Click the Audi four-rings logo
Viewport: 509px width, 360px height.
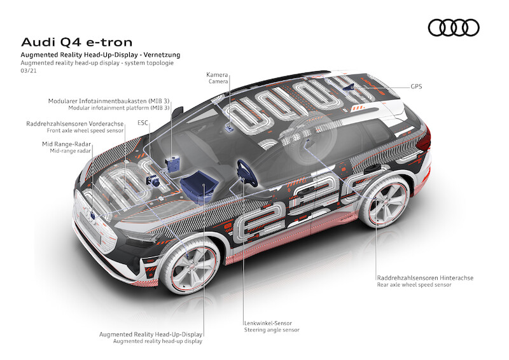tap(453, 27)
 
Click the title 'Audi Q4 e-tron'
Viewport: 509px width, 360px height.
tap(77, 43)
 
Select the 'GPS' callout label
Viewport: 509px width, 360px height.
tap(416, 86)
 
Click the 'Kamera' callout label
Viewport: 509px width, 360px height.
tap(218, 74)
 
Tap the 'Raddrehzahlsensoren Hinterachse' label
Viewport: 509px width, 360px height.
tap(425, 278)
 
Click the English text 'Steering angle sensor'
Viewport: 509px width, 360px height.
tap(272, 330)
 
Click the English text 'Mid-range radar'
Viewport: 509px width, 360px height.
tap(71, 152)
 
